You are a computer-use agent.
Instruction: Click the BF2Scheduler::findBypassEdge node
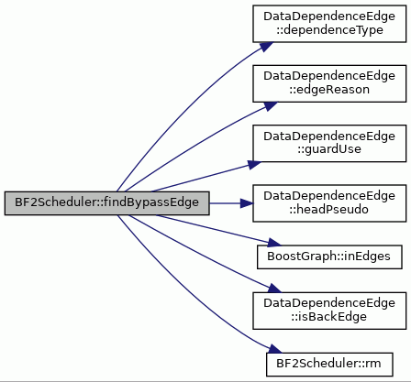(x=106, y=203)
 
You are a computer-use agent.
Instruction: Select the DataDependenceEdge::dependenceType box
(x=329, y=24)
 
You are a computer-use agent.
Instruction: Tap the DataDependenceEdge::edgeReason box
(x=329, y=83)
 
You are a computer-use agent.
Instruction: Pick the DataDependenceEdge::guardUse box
(x=329, y=143)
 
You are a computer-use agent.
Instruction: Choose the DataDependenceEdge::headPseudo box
(x=329, y=203)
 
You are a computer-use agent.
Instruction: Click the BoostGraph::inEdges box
(x=329, y=256)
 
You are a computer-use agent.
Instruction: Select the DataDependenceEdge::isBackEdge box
(x=329, y=311)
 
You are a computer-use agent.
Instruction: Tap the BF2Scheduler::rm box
(x=329, y=365)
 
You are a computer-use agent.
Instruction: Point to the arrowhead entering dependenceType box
(x=267, y=47)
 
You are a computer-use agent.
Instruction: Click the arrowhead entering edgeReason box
(x=271, y=106)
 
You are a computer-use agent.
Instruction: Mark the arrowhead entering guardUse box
(x=254, y=165)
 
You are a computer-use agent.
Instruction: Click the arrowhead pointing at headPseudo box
(x=247, y=203)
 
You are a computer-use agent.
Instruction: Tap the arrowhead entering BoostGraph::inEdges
(x=274, y=243)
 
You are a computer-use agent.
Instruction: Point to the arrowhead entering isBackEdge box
(x=274, y=289)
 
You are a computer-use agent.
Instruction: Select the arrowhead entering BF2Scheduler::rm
(x=274, y=349)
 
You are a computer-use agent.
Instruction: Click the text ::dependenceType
(x=329, y=30)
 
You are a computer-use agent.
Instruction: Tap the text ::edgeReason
(x=329, y=90)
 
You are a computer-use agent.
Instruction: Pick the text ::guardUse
(x=329, y=149)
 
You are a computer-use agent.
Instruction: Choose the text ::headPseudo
(x=329, y=210)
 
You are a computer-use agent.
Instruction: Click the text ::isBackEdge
(x=329, y=317)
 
